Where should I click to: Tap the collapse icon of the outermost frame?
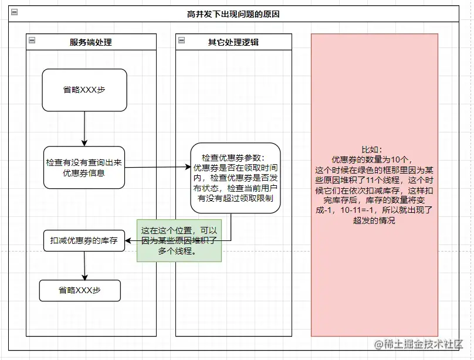14,13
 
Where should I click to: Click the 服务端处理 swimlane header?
90,42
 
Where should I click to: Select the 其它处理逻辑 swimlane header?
233,42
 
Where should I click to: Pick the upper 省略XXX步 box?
84,90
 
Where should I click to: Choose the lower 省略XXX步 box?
80,290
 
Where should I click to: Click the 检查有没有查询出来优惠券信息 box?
84,167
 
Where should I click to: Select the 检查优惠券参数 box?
235,178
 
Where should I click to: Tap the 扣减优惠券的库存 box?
84,240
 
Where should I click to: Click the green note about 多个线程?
179,240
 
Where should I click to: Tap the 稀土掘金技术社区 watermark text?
421,344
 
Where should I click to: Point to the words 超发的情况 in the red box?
374,220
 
